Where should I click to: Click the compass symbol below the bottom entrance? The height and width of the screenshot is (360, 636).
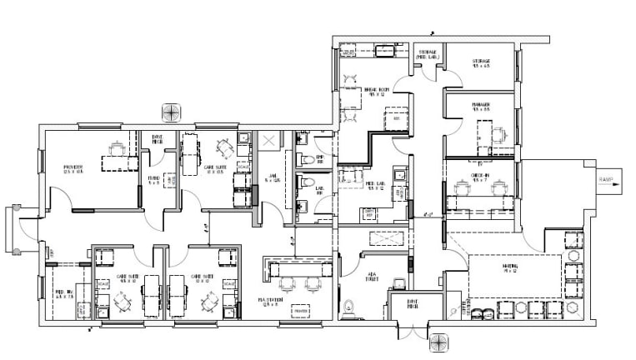click(439, 342)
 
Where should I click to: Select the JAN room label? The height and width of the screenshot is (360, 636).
click(272, 177)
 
